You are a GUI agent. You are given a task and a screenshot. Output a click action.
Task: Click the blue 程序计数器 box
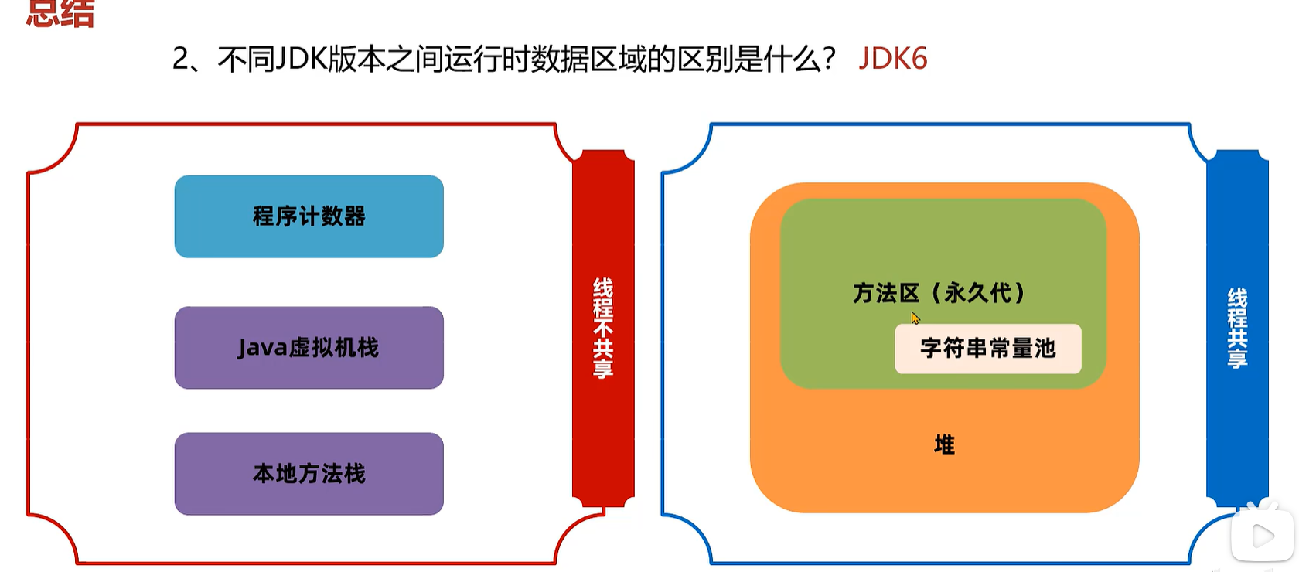pos(309,216)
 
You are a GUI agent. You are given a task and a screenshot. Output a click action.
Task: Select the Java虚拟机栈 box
pos(309,348)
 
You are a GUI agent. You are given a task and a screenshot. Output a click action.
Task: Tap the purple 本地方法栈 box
pos(309,473)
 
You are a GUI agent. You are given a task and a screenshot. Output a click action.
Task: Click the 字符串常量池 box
pos(987,349)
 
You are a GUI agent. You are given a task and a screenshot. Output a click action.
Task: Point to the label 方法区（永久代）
pos(939,293)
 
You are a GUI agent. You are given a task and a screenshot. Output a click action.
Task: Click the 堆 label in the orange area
pos(944,444)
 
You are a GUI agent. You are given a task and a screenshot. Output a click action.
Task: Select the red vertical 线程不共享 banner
pos(603,328)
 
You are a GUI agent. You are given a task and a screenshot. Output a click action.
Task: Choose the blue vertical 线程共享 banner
pos(1237,328)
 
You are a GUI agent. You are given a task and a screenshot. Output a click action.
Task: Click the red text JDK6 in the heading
pos(892,59)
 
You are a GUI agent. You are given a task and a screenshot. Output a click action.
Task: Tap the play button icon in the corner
pos(1263,535)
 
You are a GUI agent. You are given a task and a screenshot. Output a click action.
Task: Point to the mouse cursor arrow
pos(915,318)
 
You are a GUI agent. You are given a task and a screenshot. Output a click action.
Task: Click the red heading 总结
pos(60,14)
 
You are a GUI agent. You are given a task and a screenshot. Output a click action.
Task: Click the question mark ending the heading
pos(828,59)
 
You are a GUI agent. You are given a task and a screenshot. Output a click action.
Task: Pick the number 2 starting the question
pos(179,59)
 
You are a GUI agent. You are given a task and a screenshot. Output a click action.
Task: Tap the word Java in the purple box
pos(262,348)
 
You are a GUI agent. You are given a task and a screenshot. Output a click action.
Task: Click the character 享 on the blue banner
pos(1237,358)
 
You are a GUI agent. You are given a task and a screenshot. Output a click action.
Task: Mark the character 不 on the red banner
pos(603,328)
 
